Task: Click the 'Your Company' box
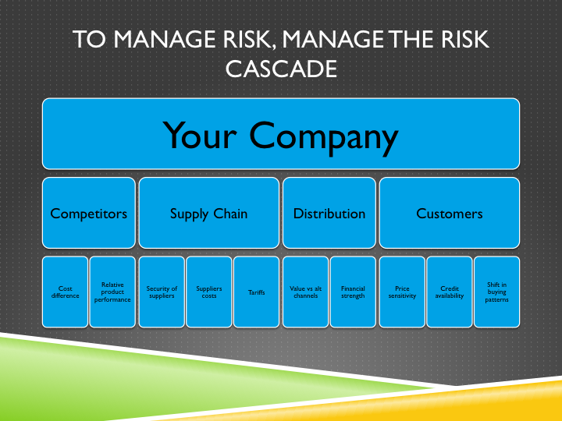[x=281, y=134]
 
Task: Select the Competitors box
[x=89, y=213]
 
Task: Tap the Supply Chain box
[x=209, y=213]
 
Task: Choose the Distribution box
[x=329, y=213]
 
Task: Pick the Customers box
[x=450, y=213]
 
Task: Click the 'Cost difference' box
[x=66, y=292]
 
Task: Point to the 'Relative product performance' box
[x=113, y=292]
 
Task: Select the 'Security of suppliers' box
[x=162, y=292]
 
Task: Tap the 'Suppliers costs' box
[x=209, y=292]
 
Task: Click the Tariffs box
[x=257, y=292]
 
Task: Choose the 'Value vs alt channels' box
[x=305, y=292]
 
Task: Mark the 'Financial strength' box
[x=353, y=292]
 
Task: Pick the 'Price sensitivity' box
[x=402, y=292]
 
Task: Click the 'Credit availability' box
[x=450, y=292]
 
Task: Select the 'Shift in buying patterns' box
[x=496, y=292]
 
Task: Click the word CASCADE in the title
[x=281, y=69]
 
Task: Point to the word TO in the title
[x=90, y=40]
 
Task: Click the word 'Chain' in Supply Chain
[x=229, y=213]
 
